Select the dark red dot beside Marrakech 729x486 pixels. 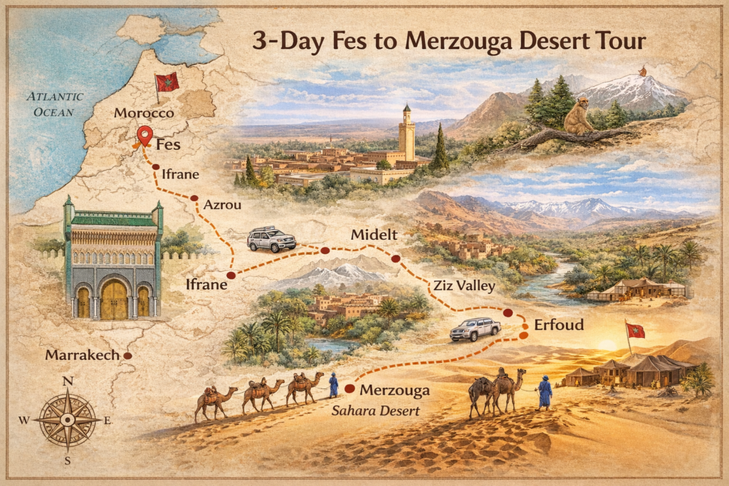click(x=127, y=355)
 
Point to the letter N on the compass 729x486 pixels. click(x=68, y=381)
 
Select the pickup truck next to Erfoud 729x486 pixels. click(x=475, y=329)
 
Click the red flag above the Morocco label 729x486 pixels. click(x=167, y=82)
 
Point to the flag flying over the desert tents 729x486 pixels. click(x=634, y=331)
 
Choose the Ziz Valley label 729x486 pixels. click(x=460, y=286)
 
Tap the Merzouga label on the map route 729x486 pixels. click(x=394, y=390)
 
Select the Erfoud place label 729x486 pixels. click(x=560, y=324)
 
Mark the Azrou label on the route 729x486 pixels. click(x=222, y=204)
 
